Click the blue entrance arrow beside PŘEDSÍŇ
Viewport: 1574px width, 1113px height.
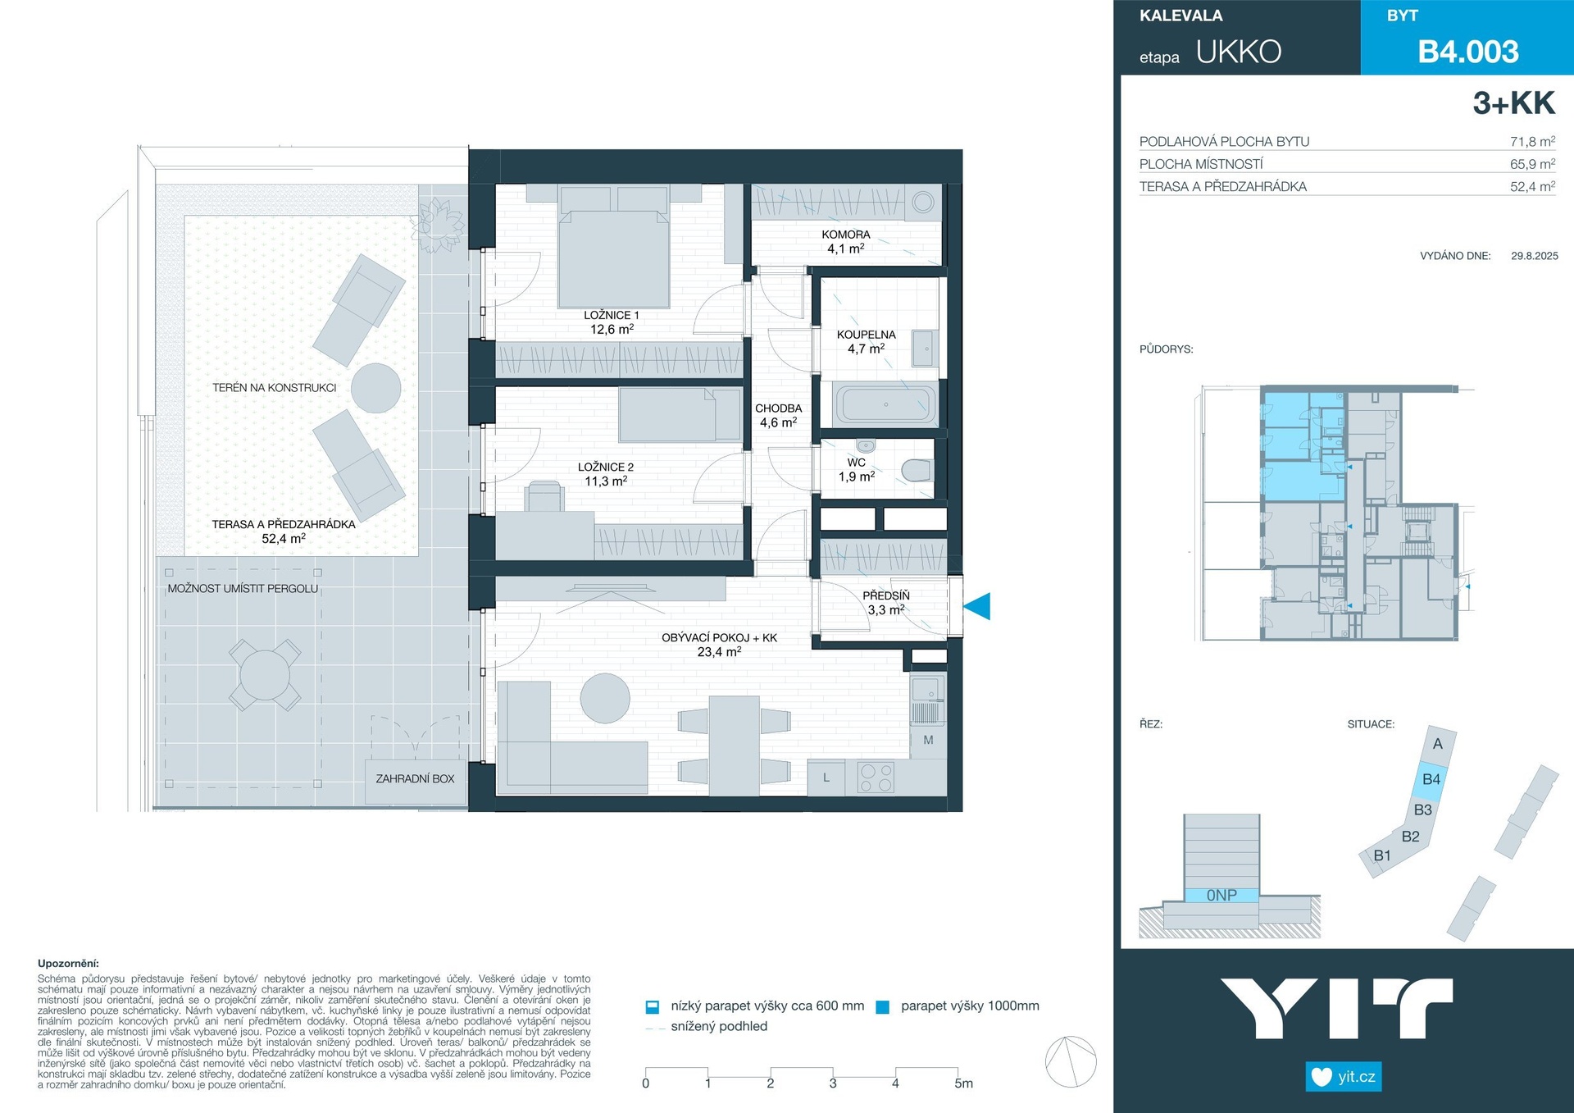(x=977, y=606)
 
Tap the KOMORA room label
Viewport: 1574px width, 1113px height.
(x=846, y=235)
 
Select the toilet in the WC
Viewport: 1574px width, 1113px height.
(x=917, y=471)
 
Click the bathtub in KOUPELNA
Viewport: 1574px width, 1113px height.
(x=885, y=404)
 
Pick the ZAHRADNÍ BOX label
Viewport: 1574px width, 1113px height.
(x=415, y=778)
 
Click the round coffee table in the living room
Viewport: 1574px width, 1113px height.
(x=605, y=698)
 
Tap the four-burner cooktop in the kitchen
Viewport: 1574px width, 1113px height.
(x=876, y=778)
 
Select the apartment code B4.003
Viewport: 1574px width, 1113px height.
(x=1468, y=52)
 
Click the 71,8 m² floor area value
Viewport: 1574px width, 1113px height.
(x=1532, y=141)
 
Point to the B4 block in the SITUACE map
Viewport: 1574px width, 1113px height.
(x=1431, y=779)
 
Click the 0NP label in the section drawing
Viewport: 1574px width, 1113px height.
(x=1221, y=896)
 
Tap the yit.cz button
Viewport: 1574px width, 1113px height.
(x=1344, y=1076)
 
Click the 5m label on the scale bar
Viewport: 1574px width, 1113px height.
(x=964, y=1083)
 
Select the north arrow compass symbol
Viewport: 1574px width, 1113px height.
(x=1071, y=1061)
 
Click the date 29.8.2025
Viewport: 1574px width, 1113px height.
(x=1535, y=256)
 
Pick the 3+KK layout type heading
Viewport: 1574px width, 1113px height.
(x=1513, y=103)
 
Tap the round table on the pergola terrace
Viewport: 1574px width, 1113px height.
(x=265, y=674)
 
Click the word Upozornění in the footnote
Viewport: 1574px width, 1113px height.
(x=68, y=964)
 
